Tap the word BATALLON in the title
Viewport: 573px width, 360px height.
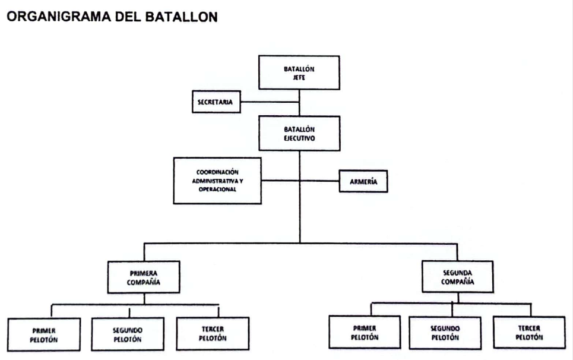tap(181, 17)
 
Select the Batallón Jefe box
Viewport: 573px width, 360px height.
tap(299, 72)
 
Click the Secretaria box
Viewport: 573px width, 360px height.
tap(216, 102)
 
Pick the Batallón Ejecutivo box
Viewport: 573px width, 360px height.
tap(299, 134)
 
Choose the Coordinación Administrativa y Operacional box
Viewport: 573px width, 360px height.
tap(217, 181)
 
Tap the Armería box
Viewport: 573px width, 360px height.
tap(363, 181)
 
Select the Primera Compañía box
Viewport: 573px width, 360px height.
tap(144, 277)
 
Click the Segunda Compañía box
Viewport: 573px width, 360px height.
tap(458, 277)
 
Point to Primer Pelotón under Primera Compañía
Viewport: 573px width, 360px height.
tap(44, 335)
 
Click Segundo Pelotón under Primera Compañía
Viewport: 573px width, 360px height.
tap(128, 334)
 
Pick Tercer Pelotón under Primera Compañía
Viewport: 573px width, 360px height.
tap(213, 333)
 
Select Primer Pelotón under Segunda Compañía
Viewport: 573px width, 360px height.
tap(365, 332)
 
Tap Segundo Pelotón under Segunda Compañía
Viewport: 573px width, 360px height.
tap(445, 333)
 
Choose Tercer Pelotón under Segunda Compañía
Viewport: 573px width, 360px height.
tap(529, 332)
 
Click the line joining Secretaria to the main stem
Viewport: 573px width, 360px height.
tap(270, 102)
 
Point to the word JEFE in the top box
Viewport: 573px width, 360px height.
tap(299, 77)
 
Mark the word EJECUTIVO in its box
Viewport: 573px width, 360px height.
tap(299, 138)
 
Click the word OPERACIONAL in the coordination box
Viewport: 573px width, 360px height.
tap(217, 190)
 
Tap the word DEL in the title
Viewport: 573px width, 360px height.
tap(128, 17)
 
